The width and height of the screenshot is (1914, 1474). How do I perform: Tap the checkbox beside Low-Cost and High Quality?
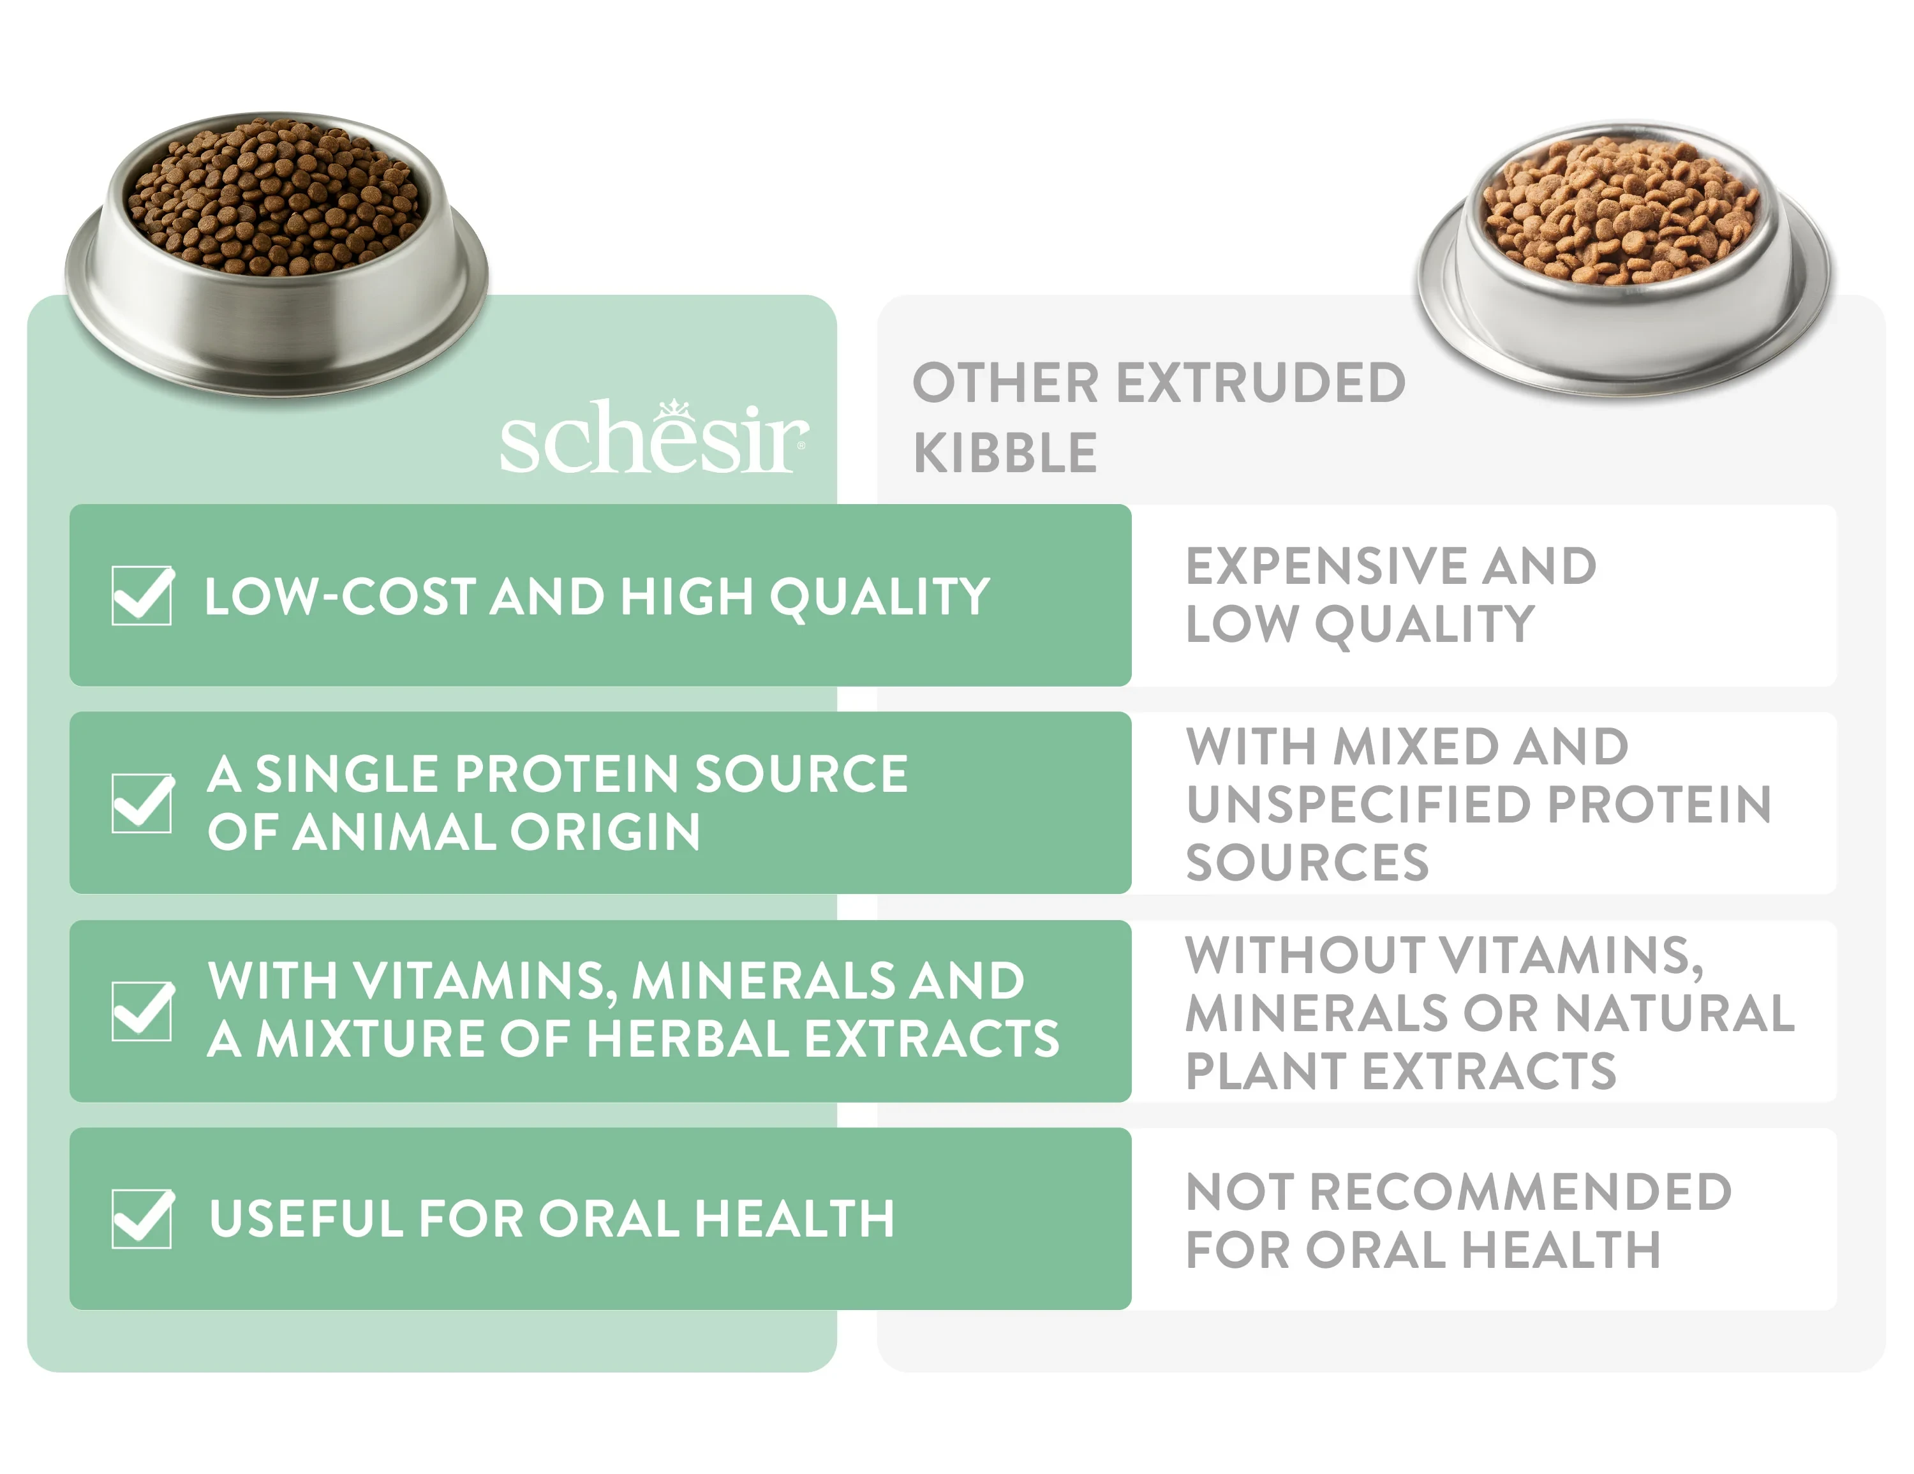[143, 595]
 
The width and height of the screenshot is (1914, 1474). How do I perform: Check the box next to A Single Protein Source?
[143, 803]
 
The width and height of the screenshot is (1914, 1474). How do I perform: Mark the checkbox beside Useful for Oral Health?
[143, 1218]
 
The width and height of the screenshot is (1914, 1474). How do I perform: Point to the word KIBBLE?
[1005, 452]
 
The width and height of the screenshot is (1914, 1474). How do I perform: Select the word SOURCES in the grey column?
[1307, 861]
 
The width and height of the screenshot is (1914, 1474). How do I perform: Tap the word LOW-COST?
[341, 596]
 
